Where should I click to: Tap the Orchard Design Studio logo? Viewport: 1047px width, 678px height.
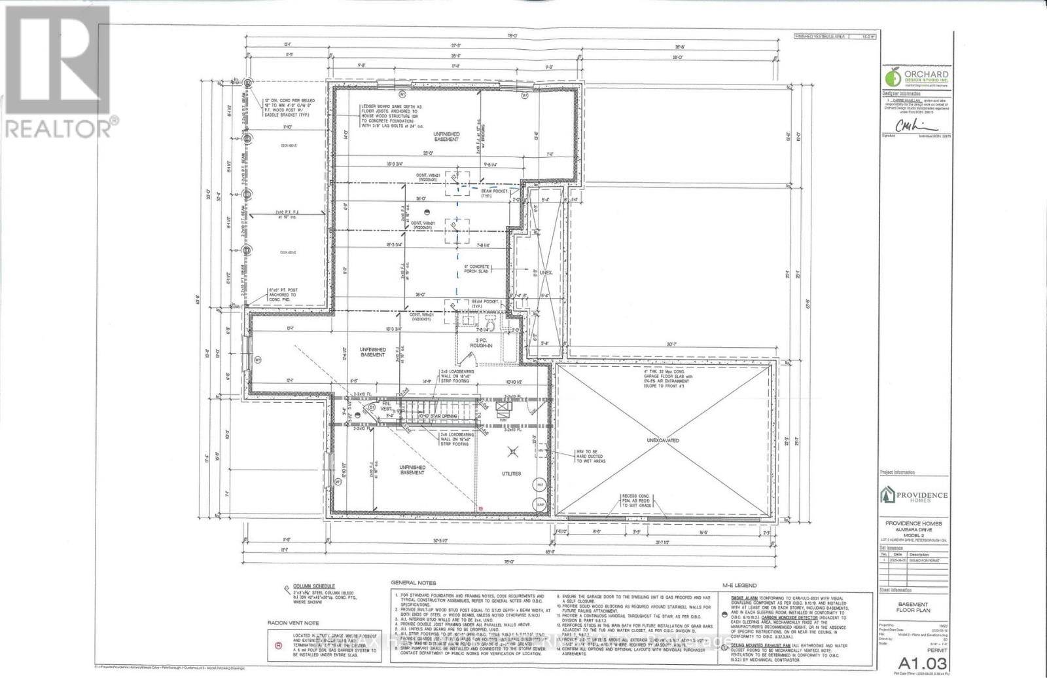(x=917, y=78)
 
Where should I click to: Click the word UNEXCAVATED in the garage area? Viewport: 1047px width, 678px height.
(x=665, y=440)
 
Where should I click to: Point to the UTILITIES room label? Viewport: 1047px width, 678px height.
(x=511, y=473)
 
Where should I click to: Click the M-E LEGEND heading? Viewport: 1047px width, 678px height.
(x=739, y=585)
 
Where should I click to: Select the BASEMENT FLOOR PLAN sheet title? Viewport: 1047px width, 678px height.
(x=912, y=608)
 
